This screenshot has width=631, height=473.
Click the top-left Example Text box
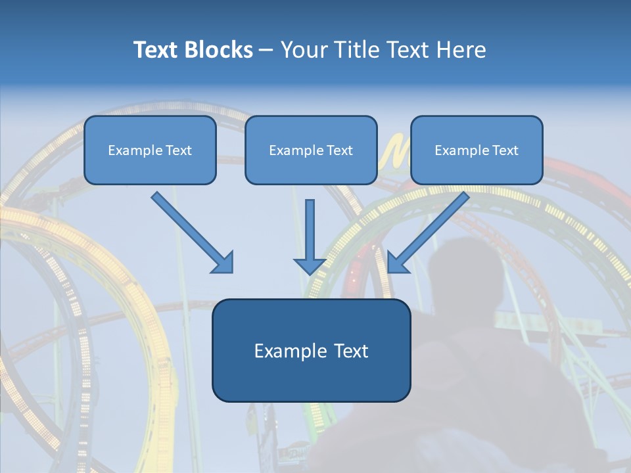pos(150,150)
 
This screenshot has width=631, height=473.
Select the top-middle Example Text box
pos(311,150)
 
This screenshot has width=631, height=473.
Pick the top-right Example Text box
pos(477,150)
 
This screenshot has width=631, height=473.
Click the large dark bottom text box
pos(311,350)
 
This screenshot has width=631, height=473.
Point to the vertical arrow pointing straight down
pos(310,233)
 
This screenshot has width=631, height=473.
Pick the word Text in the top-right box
pos(505,150)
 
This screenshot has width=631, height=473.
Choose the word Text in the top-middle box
pos(339,150)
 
